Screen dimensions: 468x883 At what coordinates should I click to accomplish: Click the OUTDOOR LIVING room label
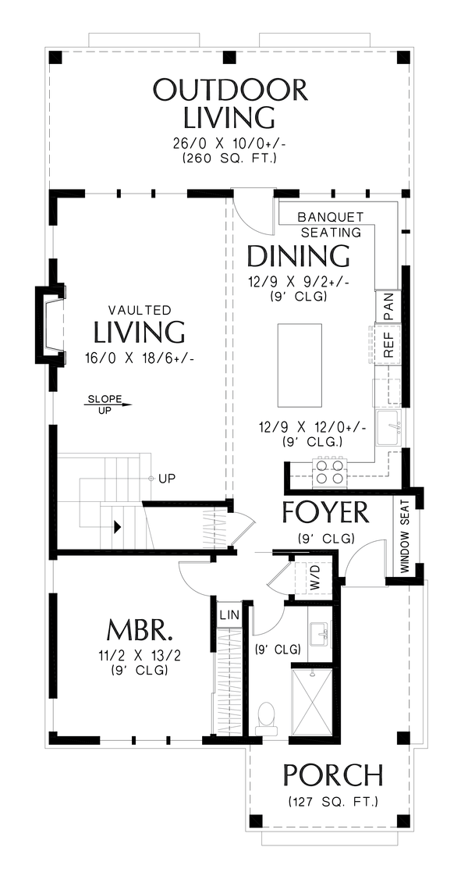pyautogui.click(x=231, y=104)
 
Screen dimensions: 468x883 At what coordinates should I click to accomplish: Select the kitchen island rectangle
pyautogui.click(x=300, y=365)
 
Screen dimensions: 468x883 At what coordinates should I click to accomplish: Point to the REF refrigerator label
pyautogui.click(x=388, y=344)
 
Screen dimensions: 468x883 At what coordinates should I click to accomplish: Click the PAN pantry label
pyautogui.click(x=388, y=307)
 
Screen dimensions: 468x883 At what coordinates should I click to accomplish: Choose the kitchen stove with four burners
pyautogui.click(x=330, y=470)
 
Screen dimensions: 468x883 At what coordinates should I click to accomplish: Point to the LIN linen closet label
pyautogui.click(x=229, y=613)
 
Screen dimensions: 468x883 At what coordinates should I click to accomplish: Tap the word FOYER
pyautogui.click(x=326, y=511)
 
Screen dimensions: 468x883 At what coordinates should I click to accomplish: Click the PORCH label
pyautogui.click(x=333, y=775)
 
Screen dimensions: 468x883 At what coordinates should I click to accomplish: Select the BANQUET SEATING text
pyautogui.click(x=331, y=224)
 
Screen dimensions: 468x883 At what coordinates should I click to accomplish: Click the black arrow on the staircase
pyautogui.click(x=118, y=527)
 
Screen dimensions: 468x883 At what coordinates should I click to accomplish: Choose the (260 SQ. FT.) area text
pyautogui.click(x=229, y=158)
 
